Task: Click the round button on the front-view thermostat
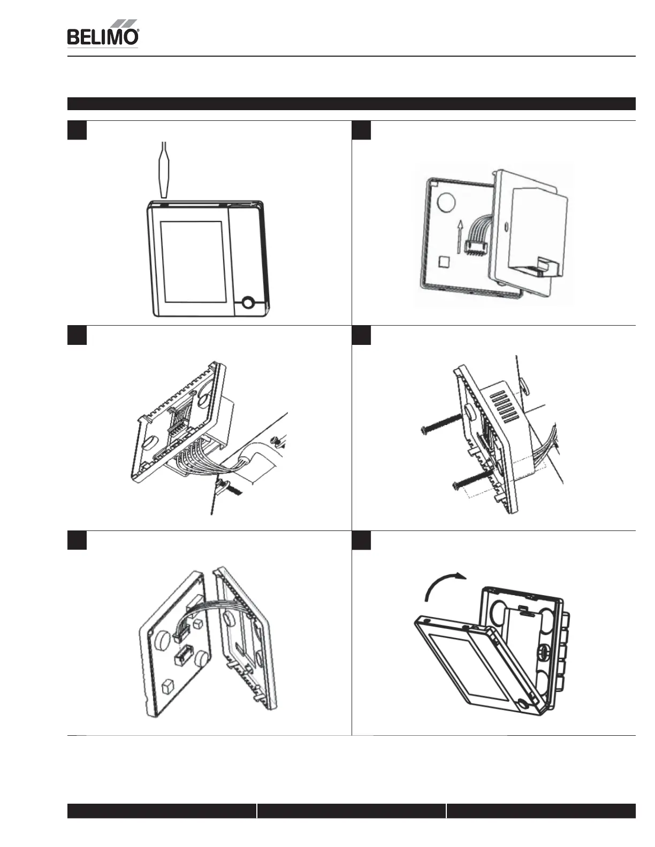click(247, 303)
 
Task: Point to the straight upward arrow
click(459, 238)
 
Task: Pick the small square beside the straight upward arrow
click(444, 263)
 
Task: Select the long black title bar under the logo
click(351, 104)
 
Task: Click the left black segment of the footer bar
click(161, 811)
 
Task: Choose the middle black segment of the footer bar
click(351, 811)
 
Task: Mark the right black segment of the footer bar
click(541, 811)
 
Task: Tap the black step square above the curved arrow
click(361, 540)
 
